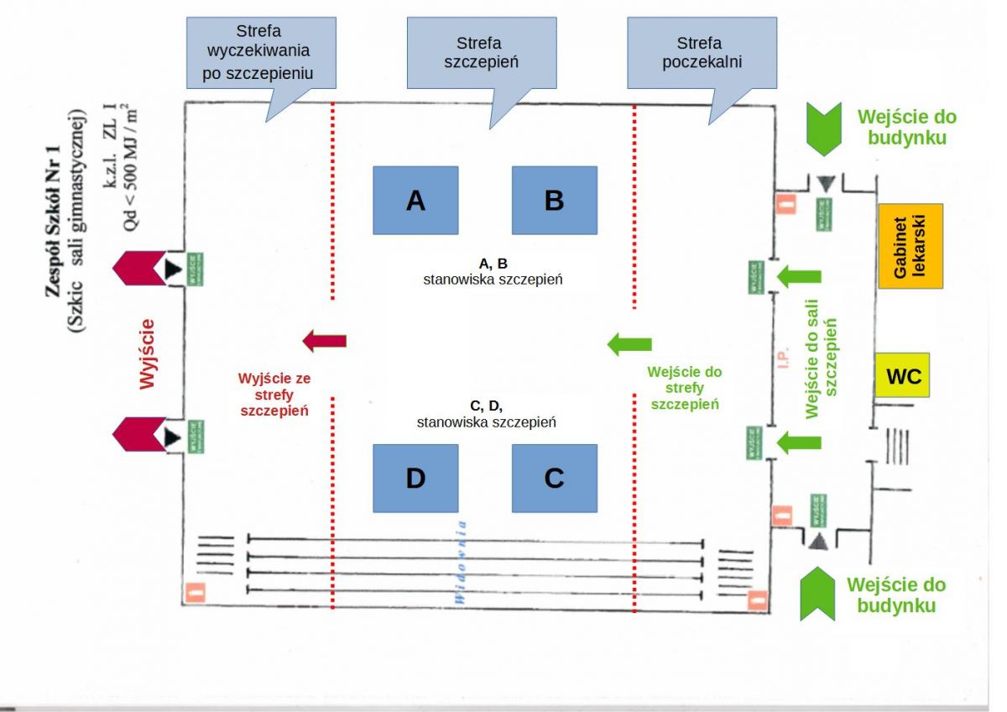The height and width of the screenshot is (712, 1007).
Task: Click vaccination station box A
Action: click(x=415, y=200)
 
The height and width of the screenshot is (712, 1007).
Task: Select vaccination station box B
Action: click(x=554, y=200)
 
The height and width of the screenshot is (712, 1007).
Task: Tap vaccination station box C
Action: click(x=554, y=478)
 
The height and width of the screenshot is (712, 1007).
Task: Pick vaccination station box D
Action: click(x=415, y=478)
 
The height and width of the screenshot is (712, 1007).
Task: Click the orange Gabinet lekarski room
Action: click(x=910, y=246)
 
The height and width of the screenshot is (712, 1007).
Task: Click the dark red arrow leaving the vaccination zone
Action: click(x=324, y=341)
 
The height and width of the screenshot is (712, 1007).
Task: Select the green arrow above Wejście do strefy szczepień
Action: click(x=629, y=343)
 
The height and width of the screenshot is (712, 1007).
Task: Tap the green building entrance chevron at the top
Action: click(x=828, y=128)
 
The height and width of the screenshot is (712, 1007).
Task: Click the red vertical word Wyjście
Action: click(x=149, y=353)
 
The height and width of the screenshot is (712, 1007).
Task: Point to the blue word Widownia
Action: click(x=460, y=562)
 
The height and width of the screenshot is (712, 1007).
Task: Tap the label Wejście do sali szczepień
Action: click(x=822, y=368)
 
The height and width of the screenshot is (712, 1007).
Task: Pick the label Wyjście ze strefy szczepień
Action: click(x=274, y=395)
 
